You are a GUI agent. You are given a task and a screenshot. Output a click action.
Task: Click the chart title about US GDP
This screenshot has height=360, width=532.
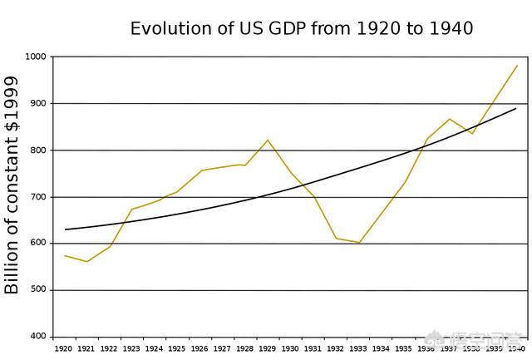tap(302, 28)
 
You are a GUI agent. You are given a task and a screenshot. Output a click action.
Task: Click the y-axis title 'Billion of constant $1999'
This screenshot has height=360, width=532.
tap(12, 185)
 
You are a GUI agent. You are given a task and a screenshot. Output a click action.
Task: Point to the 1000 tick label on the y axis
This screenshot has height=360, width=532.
tap(37, 57)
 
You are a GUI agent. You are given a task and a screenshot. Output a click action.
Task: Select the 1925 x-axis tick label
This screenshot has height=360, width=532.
tap(176, 349)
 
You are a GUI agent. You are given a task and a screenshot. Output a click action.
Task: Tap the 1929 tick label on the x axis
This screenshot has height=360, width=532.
tap(268, 349)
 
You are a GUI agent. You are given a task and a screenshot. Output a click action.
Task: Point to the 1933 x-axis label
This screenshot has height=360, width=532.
tap(358, 349)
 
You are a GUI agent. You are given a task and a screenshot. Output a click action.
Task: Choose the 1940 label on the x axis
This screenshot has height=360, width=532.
tap(516, 349)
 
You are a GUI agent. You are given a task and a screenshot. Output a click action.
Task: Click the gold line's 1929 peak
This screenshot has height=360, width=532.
tap(268, 140)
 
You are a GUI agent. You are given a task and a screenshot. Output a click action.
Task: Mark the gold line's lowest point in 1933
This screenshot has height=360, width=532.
tap(359, 243)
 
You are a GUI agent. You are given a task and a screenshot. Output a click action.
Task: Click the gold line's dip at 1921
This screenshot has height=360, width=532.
tap(86, 262)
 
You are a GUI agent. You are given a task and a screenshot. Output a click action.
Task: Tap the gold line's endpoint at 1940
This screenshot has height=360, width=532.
tap(517, 66)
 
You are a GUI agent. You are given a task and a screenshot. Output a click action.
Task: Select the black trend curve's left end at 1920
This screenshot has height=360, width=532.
tap(65, 229)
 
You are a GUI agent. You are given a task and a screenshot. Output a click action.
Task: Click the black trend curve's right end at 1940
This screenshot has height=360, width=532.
tap(516, 108)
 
